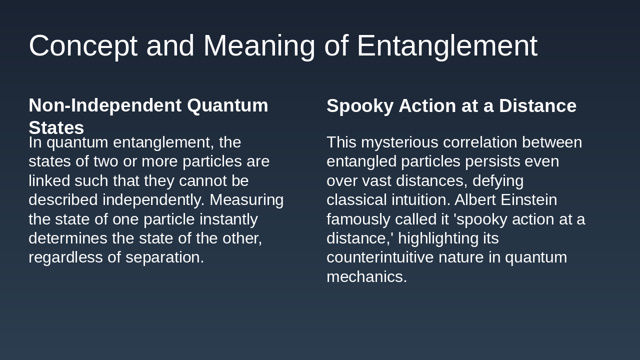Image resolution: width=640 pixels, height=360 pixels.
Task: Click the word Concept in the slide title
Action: (x=82, y=46)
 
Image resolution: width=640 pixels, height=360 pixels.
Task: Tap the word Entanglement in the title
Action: (x=446, y=46)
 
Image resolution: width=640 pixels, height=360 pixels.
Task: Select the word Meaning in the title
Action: (x=259, y=46)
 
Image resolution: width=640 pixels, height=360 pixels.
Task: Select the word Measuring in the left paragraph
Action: (x=246, y=200)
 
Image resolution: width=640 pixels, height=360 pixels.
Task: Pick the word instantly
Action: (x=228, y=219)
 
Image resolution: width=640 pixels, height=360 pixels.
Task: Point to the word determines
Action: (x=67, y=238)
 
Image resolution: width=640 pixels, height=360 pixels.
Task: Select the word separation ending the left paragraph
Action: (x=164, y=257)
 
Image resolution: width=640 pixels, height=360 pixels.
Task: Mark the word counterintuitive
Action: (x=380, y=257)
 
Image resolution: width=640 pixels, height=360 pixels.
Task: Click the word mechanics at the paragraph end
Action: (x=366, y=277)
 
